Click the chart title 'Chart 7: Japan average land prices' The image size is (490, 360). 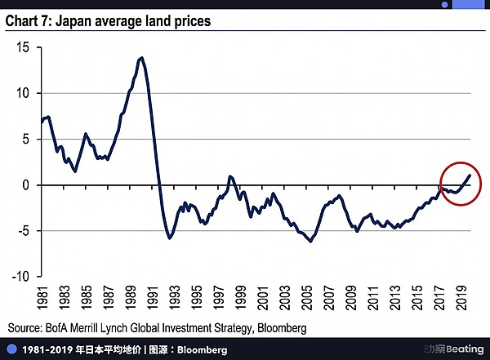(108, 21)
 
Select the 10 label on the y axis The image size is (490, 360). (23, 93)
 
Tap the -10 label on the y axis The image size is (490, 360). (20, 276)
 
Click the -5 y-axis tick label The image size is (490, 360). (24, 231)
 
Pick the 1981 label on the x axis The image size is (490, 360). (42, 297)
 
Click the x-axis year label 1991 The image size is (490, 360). (152, 297)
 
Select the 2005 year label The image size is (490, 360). (306, 297)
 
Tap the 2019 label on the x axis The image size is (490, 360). (461, 297)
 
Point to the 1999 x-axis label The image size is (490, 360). (240, 297)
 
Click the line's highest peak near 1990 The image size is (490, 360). (142, 58)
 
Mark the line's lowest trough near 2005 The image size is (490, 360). (310, 241)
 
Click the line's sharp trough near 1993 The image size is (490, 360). (170, 238)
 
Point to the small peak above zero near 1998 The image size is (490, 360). (230, 177)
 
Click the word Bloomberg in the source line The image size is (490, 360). (282, 328)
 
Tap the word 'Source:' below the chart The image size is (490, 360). (24, 328)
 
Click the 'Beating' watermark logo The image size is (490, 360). (454, 349)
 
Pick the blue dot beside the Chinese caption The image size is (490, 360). (11, 349)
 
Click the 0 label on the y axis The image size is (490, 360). (25, 185)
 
